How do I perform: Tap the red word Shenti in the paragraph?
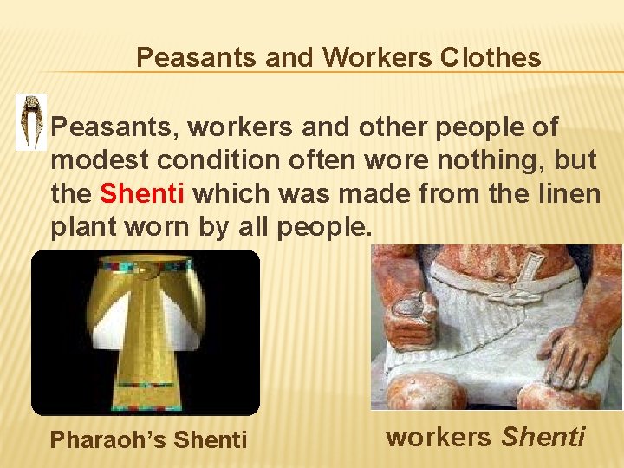[142, 193]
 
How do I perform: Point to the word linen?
[570, 193]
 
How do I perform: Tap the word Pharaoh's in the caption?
[109, 440]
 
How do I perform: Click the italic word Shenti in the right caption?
[543, 437]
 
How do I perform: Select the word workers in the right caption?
[438, 437]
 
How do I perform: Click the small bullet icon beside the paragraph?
[32, 122]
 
